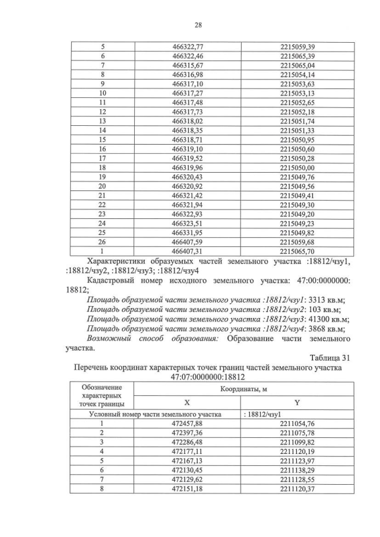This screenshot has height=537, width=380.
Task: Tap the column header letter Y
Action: coord(297,402)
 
